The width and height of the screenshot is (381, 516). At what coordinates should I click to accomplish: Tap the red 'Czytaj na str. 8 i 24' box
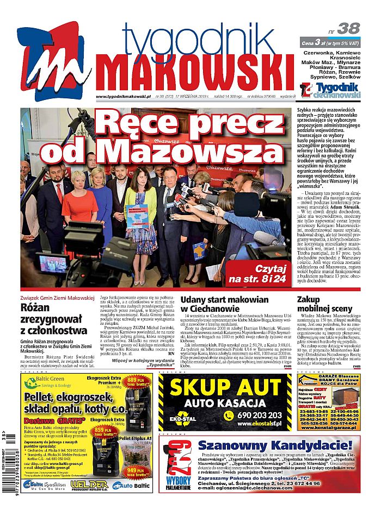tap(256, 274)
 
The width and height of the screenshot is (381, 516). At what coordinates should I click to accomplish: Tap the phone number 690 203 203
tap(258, 414)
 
